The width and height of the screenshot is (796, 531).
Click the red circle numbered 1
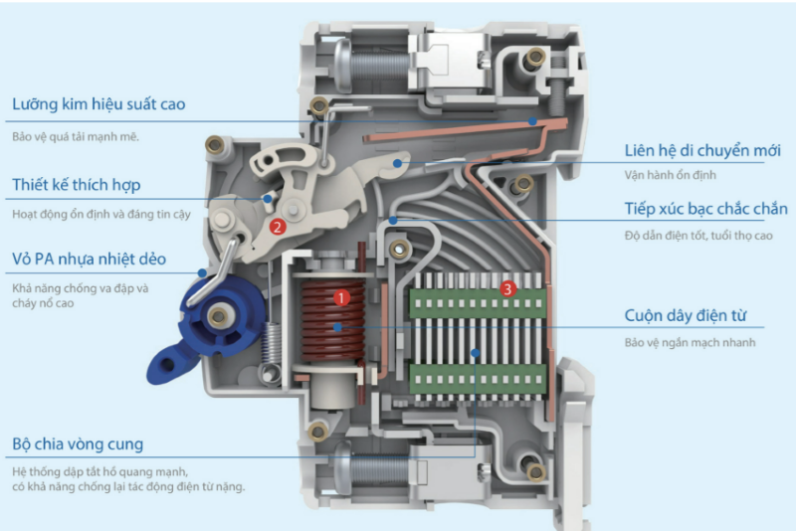[x=340, y=296]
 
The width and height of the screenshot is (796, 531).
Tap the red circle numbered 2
[x=279, y=226]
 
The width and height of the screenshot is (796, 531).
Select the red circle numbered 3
[x=508, y=289]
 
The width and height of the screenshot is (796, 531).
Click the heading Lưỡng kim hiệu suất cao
[x=99, y=103]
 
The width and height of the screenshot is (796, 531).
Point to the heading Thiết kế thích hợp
[x=77, y=184]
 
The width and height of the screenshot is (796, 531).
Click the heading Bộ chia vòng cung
[x=79, y=442]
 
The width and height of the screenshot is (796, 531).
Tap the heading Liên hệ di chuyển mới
[x=702, y=150]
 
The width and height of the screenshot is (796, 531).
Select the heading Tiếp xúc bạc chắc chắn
[x=705, y=209]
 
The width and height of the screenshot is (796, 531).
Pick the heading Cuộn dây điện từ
[x=694, y=316]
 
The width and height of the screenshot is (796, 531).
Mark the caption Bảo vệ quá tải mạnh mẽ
[x=76, y=136]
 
